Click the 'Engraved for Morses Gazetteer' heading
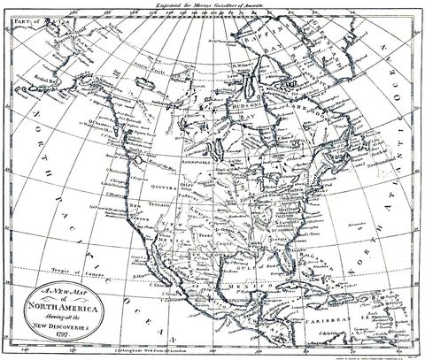tap(216, 6)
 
